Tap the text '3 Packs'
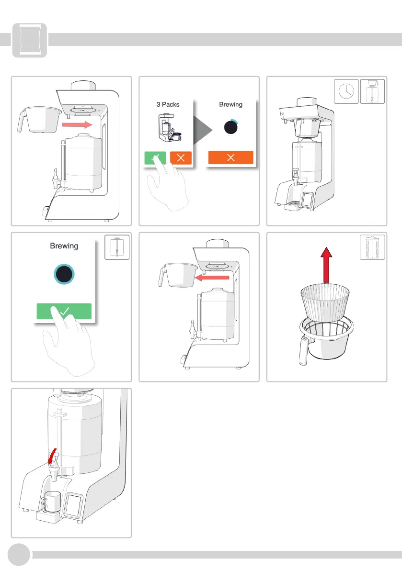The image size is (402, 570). pyautogui.click(x=168, y=104)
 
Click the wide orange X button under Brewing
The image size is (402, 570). pyautogui.click(x=230, y=158)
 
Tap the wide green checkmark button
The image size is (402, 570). pyautogui.click(x=64, y=311)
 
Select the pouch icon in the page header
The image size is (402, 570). pyautogui.click(x=30, y=40)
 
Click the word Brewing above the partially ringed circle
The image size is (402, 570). pyautogui.click(x=230, y=104)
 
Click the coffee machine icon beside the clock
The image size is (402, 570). pyautogui.click(x=371, y=91)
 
